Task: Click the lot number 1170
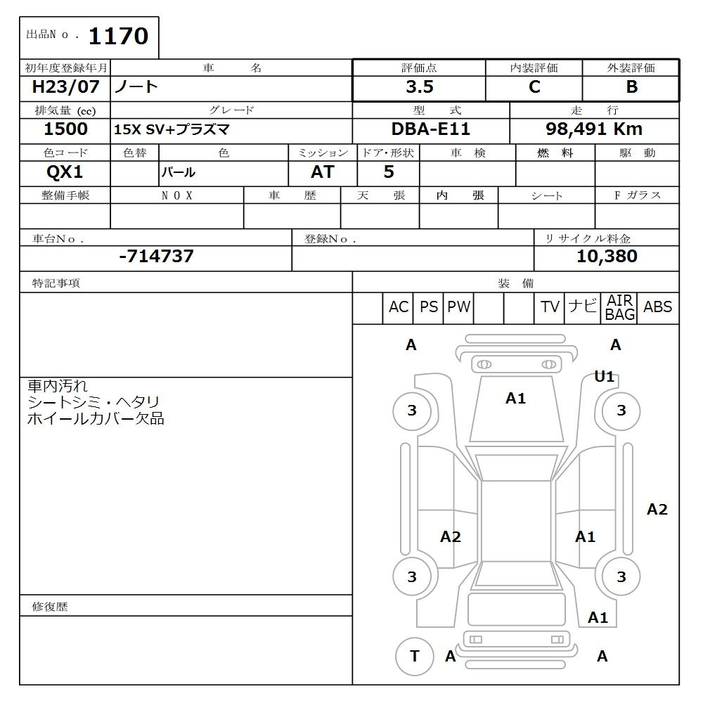click(x=117, y=36)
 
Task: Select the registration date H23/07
click(x=65, y=87)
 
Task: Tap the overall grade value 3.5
click(x=419, y=87)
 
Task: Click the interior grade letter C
click(x=534, y=87)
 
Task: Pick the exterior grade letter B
click(x=631, y=87)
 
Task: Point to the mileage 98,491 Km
click(x=594, y=129)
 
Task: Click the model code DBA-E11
click(x=430, y=129)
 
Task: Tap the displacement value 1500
click(x=65, y=129)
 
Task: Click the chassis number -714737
click(x=156, y=257)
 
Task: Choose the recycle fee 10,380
click(x=607, y=257)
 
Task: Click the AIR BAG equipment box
click(x=620, y=308)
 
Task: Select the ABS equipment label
click(x=657, y=307)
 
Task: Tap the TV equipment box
click(x=550, y=307)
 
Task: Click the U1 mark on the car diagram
click(x=605, y=376)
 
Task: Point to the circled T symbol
click(x=414, y=656)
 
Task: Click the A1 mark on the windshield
click(x=515, y=399)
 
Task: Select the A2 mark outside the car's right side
click(x=657, y=510)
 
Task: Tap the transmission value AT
click(x=322, y=172)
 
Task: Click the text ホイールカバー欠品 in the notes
click(x=96, y=419)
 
